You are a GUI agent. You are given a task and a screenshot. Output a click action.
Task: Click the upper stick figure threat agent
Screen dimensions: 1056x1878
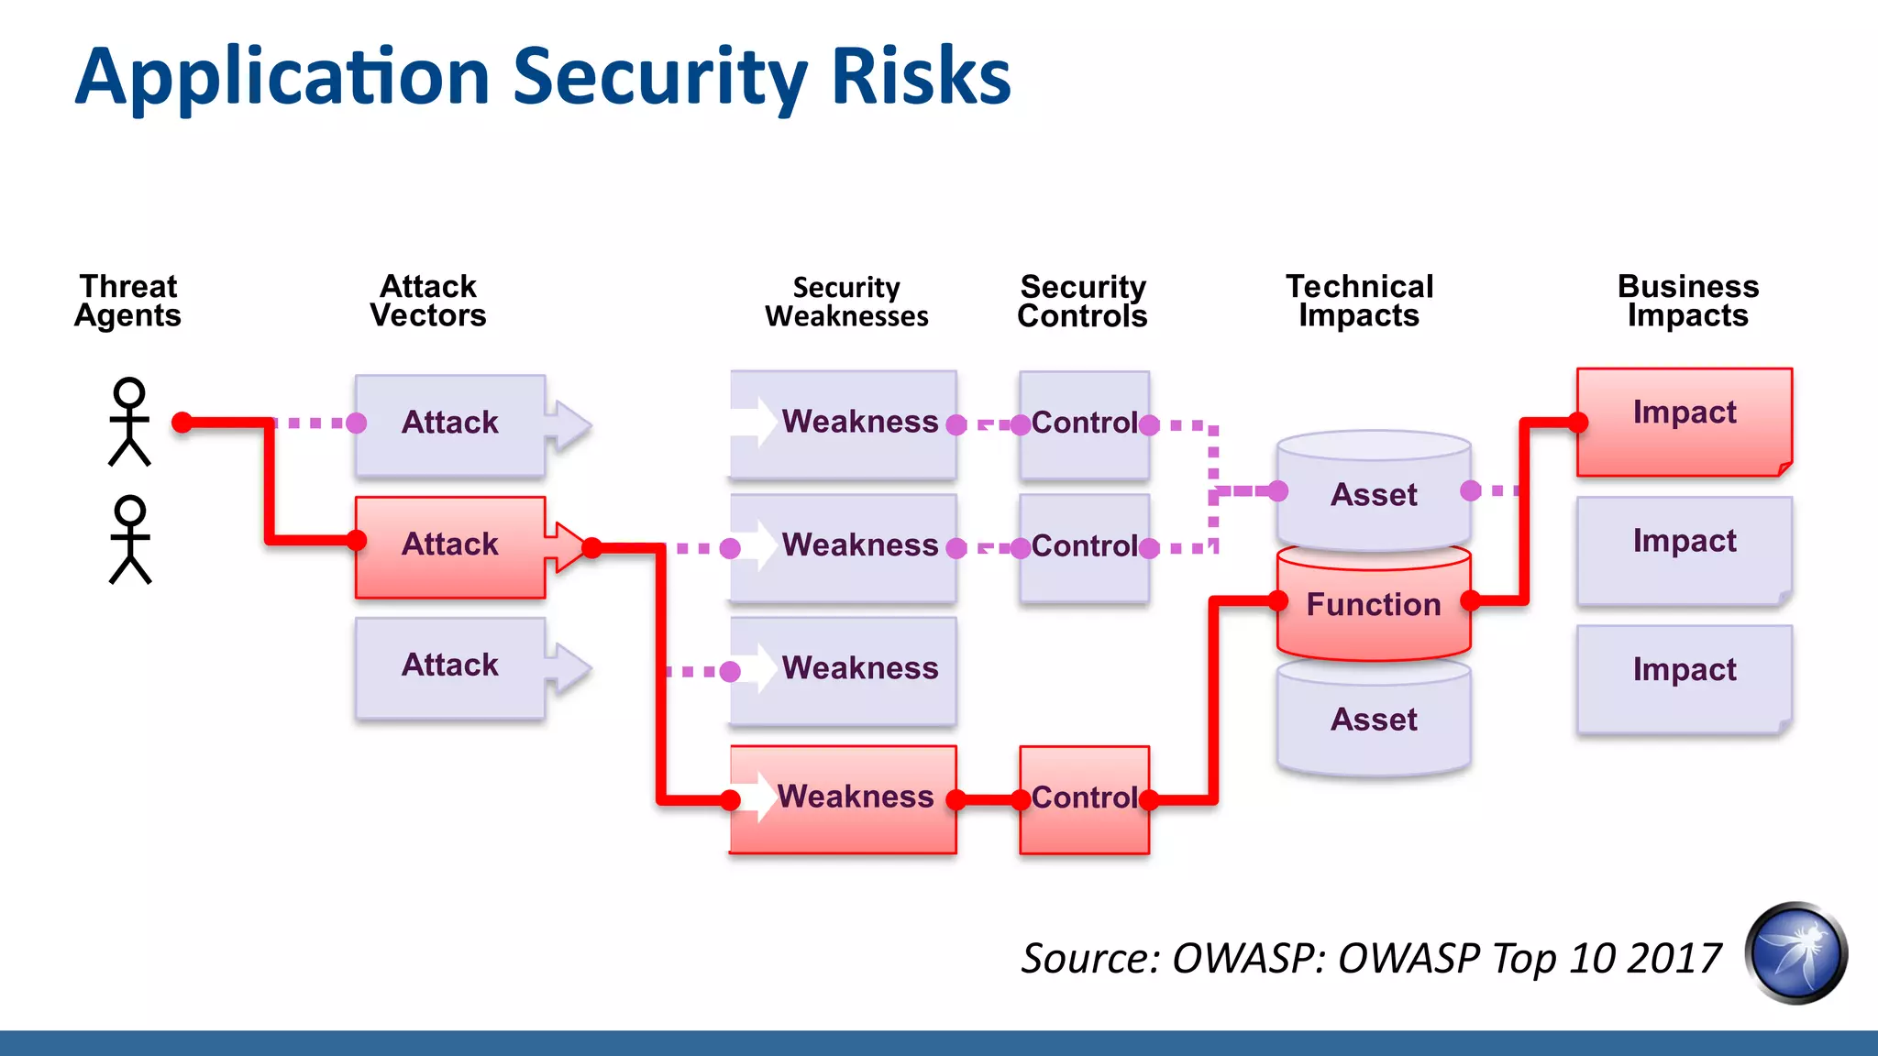coord(129,423)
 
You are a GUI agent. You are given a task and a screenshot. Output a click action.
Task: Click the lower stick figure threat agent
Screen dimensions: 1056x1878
coord(130,541)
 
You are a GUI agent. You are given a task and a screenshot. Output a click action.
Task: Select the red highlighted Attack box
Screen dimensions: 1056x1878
coord(450,546)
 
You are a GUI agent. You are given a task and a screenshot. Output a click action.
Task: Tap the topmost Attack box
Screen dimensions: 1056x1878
coord(450,424)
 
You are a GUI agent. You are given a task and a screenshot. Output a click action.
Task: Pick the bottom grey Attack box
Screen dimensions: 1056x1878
coord(450,666)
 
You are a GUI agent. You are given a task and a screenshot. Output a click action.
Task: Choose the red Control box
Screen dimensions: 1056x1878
coord(1084,799)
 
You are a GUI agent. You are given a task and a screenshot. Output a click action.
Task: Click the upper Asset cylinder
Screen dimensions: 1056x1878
coord(1374,495)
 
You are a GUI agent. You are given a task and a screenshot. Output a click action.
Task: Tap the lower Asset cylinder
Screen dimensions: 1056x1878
coord(1374,720)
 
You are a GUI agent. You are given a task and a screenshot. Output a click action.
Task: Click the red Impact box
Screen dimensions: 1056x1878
coord(1684,421)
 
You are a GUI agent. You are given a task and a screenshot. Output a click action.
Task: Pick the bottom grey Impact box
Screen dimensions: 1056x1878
coord(1684,677)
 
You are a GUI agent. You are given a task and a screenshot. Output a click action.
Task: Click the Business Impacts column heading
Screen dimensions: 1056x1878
coord(1687,301)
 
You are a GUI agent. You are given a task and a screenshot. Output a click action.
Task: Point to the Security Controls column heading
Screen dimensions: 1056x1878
coord(1082,302)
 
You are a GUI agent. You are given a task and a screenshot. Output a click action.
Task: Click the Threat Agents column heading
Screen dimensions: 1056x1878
coord(128,301)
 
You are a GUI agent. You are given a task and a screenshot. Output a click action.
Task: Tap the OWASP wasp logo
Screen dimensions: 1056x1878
coord(1795,953)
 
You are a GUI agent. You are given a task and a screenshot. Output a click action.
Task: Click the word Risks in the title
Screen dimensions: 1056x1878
coord(921,77)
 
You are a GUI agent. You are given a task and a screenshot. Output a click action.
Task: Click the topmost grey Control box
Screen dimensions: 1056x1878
coord(1084,424)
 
